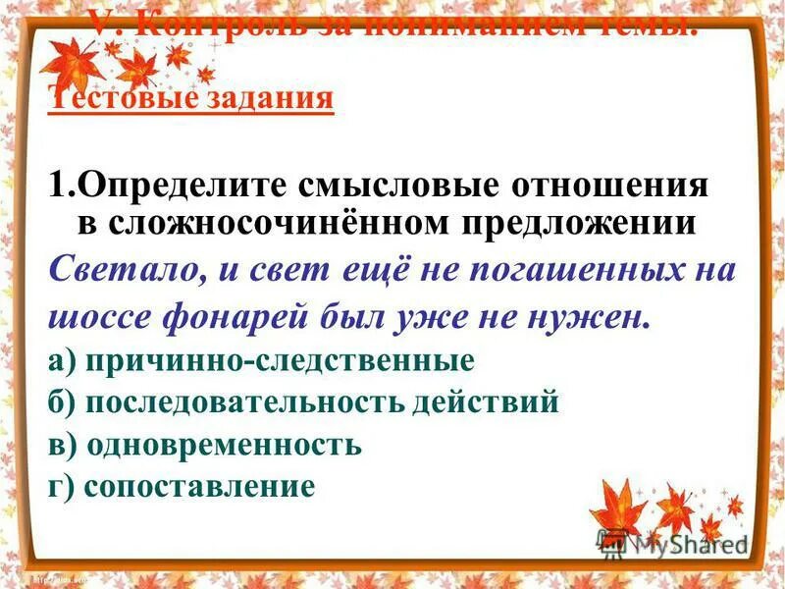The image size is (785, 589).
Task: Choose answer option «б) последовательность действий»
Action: coord(303,402)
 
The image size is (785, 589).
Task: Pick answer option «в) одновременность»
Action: coord(205,445)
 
